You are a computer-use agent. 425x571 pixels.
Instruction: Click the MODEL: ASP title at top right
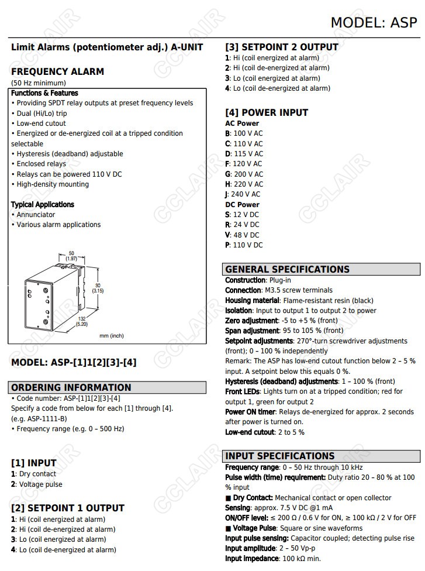(x=374, y=22)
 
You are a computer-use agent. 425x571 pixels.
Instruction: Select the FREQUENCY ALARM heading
(x=57, y=71)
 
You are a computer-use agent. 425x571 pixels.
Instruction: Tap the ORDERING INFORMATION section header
(x=72, y=387)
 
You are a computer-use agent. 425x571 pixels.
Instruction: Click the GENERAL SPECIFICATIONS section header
(x=287, y=270)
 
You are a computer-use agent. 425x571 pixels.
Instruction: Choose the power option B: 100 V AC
(x=244, y=133)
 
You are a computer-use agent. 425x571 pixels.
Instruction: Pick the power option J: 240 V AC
(x=243, y=194)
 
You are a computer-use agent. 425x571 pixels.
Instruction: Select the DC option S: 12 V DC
(x=242, y=215)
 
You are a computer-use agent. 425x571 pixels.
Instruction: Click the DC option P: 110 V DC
(x=244, y=245)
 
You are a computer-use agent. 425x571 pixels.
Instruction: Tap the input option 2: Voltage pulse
(x=36, y=484)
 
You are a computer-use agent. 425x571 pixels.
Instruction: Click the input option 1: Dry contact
(x=34, y=474)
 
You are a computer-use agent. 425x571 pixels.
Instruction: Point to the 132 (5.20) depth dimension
(x=82, y=321)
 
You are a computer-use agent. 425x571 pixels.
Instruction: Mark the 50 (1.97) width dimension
(x=71, y=256)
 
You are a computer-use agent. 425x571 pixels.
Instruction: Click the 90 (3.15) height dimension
(x=98, y=287)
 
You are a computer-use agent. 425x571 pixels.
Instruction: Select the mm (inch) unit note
(x=112, y=336)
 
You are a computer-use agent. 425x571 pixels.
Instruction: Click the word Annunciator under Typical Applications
(x=36, y=215)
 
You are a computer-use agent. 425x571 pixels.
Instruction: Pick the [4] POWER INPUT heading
(x=267, y=112)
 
